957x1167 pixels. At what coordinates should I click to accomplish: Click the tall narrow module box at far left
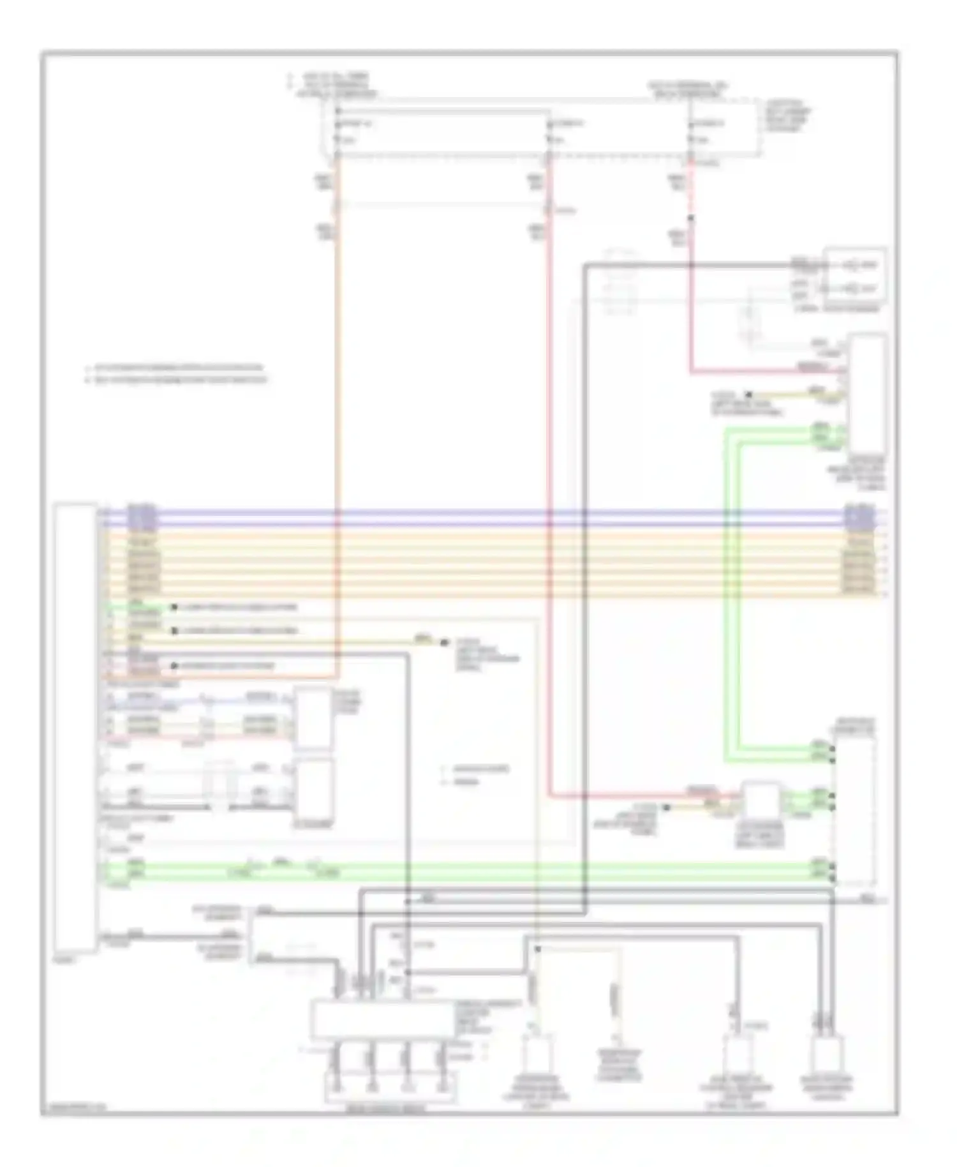pyautogui.click(x=75, y=728)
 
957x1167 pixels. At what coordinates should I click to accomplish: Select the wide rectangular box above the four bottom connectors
pyautogui.click(x=382, y=1020)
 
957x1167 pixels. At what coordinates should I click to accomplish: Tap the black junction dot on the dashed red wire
pyautogui.click(x=690, y=219)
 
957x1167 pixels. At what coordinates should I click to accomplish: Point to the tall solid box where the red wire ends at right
pyautogui.click(x=868, y=396)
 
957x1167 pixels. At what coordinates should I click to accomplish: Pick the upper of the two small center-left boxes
pyautogui.click(x=313, y=718)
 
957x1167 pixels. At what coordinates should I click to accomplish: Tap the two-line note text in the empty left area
pyautogui.click(x=175, y=374)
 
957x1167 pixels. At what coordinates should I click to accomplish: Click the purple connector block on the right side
pyautogui.click(x=859, y=518)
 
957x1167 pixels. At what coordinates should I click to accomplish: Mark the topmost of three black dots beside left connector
pyautogui.click(x=174, y=608)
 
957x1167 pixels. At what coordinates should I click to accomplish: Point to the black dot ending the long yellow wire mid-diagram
pyautogui.click(x=445, y=643)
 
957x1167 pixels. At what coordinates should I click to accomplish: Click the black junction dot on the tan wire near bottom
pyautogui.click(x=537, y=949)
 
